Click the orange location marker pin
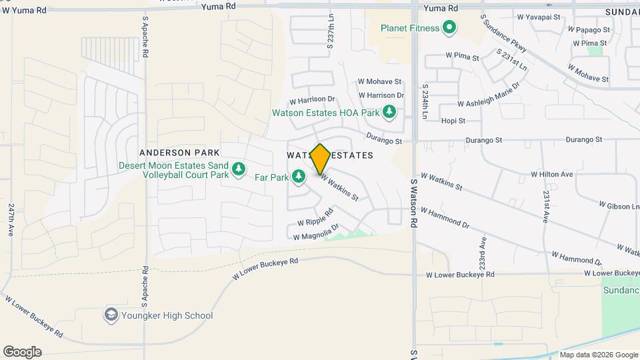(320, 159)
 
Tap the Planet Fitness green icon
(449, 28)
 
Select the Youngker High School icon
(111, 315)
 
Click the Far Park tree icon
(299, 177)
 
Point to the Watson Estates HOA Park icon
(389, 113)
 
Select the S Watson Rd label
(413, 199)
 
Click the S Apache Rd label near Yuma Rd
(144, 37)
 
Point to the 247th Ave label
(11, 220)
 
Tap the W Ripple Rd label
(315, 221)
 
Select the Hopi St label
(453, 121)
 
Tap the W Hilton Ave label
(552, 174)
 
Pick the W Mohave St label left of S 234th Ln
(379, 81)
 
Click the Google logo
(22, 352)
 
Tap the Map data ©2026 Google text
(598, 355)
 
